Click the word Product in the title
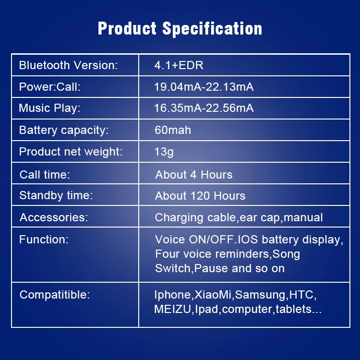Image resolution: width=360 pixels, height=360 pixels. point(127,28)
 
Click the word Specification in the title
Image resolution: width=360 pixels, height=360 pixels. point(212,29)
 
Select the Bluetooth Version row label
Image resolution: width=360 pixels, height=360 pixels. point(68,65)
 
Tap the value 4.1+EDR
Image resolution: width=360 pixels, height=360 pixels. point(179,65)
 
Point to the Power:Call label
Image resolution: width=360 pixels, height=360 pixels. point(50,87)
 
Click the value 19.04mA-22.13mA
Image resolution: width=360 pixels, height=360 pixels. point(204,87)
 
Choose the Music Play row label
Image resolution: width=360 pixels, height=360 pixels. point(49,108)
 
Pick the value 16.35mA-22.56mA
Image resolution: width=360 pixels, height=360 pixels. point(204,108)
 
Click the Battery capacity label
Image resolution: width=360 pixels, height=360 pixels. point(64,130)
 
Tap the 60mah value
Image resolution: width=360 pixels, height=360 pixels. point(173,130)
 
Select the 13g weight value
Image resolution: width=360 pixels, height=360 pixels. point(164,152)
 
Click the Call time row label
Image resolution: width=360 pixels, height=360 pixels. point(45,175)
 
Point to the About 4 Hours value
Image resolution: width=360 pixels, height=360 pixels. point(194,175)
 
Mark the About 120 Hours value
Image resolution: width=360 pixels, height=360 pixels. point(200,196)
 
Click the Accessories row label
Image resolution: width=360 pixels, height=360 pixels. point(54,217)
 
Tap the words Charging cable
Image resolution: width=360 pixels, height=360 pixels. point(195,217)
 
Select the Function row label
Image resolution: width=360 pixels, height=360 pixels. point(44,239)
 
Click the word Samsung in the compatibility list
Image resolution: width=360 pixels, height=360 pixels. point(260,295)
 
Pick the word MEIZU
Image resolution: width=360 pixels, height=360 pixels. point(173,309)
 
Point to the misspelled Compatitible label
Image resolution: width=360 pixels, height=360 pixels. point(55,295)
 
